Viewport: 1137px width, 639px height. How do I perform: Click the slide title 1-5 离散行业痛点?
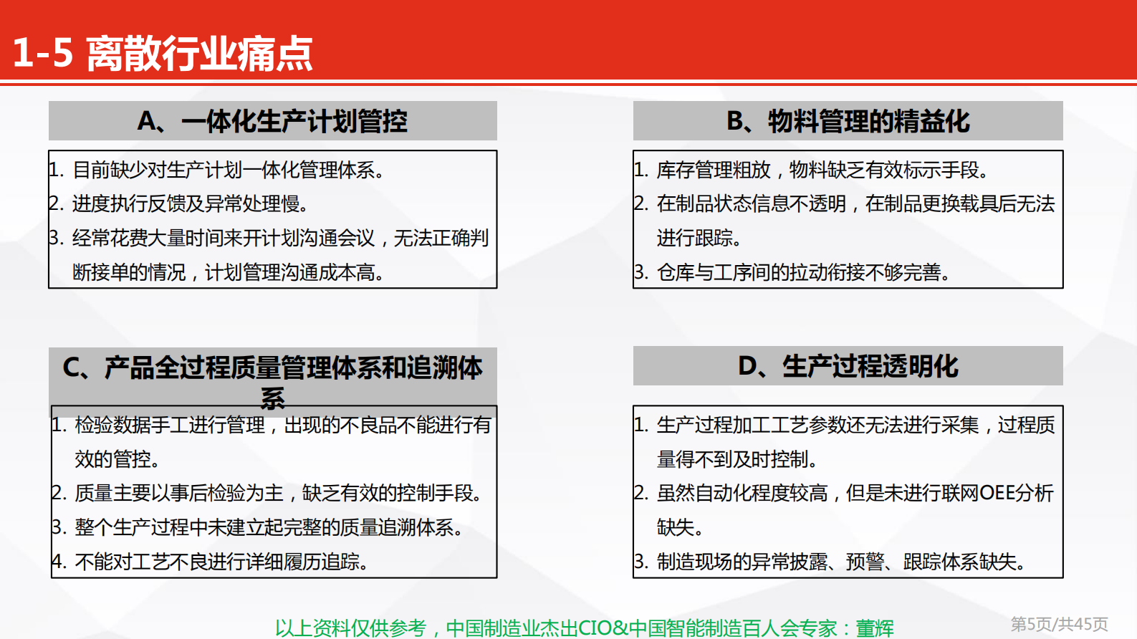pos(163,54)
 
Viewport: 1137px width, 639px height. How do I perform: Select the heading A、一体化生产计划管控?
pos(272,121)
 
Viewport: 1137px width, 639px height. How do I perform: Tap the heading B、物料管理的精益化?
pos(848,121)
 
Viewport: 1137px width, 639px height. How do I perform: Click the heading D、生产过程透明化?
pos(848,366)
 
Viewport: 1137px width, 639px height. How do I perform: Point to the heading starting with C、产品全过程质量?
pos(272,368)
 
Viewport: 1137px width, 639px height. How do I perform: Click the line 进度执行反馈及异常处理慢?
pos(190,204)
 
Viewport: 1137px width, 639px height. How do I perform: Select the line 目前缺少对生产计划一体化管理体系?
pos(228,170)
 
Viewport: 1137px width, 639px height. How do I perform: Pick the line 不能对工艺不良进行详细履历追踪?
pos(221,562)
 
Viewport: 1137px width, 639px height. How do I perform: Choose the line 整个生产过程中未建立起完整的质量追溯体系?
pos(269,528)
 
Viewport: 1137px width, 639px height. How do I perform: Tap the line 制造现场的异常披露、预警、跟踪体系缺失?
pos(840,562)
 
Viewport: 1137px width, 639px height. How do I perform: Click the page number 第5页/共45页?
pos(1059,625)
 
